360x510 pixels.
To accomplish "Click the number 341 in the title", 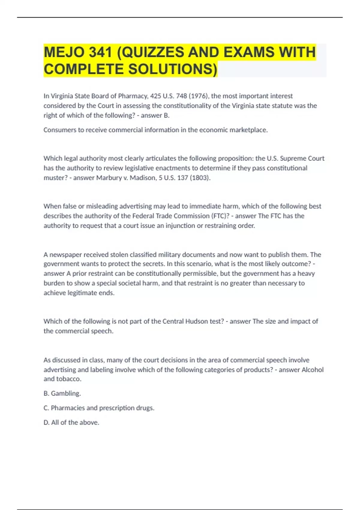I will click(100, 52).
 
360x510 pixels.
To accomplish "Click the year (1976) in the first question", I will click(199, 96).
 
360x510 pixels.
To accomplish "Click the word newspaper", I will click(65, 255).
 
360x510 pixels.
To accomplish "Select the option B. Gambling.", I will click(62, 393).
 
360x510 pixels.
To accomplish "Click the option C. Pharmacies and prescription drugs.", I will click(99, 408).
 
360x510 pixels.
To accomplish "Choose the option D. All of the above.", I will click(71, 422).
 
